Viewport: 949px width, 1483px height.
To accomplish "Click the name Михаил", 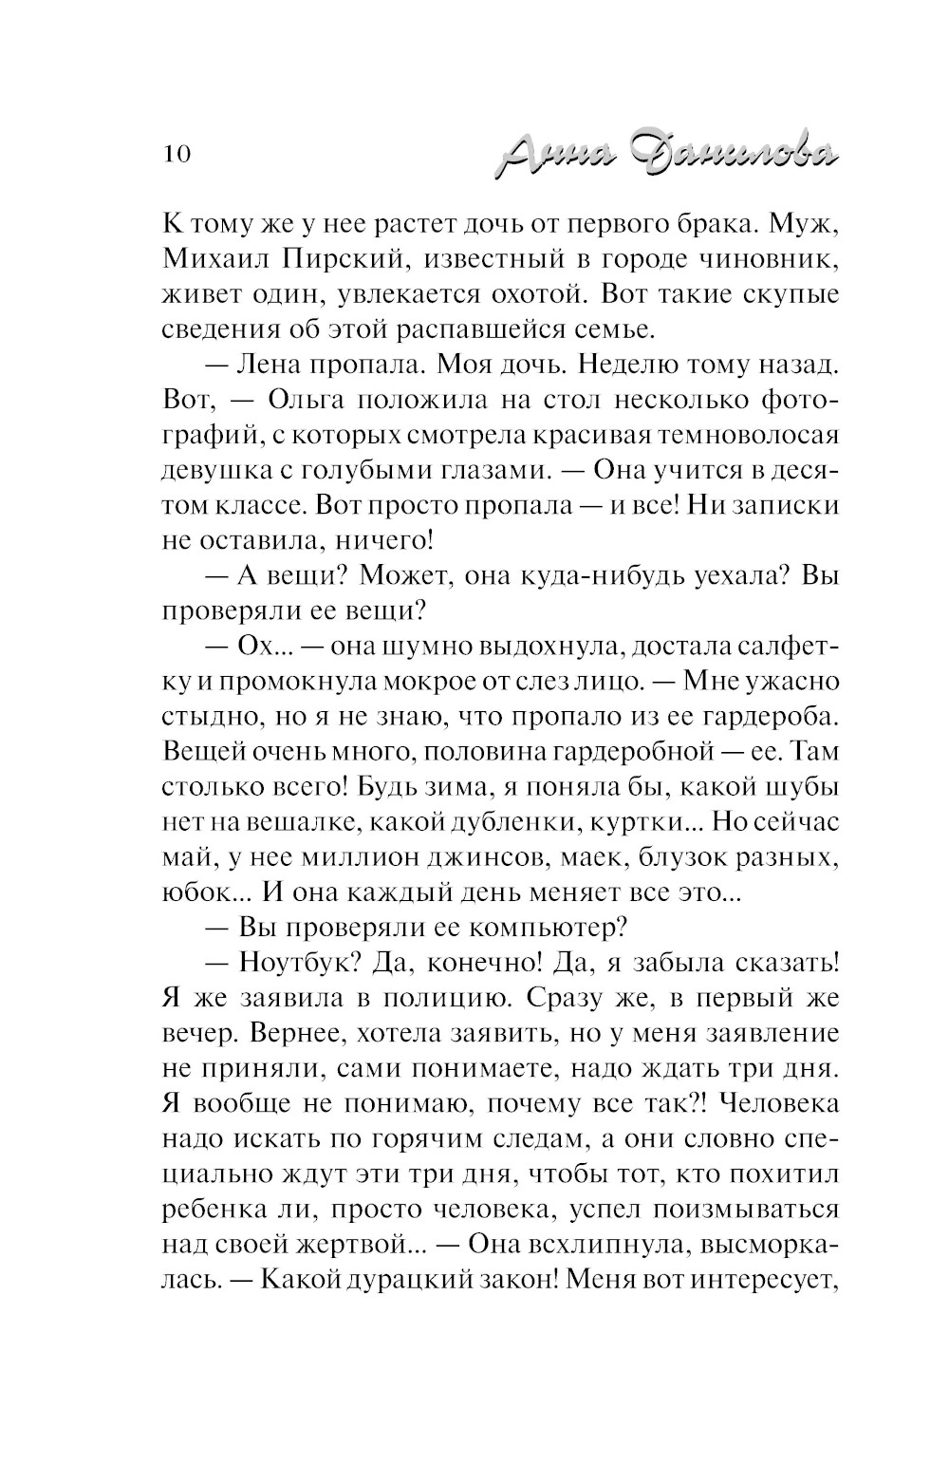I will tap(212, 260).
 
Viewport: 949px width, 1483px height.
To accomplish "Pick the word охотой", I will tap(526, 295).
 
